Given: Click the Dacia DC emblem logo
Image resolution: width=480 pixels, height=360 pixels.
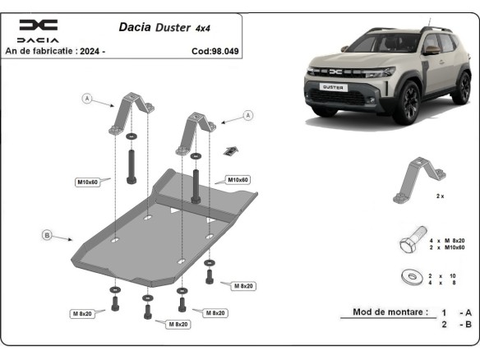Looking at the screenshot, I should [39, 25].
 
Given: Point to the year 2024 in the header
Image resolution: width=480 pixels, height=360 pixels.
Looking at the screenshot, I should [90, 51].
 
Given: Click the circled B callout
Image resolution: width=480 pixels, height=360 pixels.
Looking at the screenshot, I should [47, 236].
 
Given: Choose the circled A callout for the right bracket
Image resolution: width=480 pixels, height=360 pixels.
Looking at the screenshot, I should [247, 118].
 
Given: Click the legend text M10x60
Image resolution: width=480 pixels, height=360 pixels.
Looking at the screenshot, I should [455, 247].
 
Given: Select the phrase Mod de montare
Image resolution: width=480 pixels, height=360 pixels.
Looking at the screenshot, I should [390, 312].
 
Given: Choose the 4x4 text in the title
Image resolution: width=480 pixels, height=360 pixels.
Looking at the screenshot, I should [203, 28].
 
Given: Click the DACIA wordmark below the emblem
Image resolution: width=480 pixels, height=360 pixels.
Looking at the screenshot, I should [38, 39].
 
